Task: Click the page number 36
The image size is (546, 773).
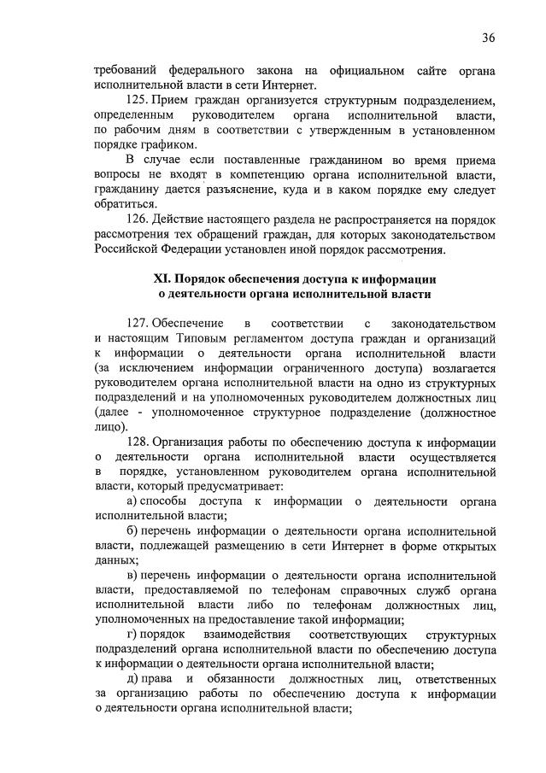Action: (489, 38)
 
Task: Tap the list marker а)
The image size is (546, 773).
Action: (132, 501)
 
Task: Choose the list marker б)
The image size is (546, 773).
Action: (132, 530)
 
